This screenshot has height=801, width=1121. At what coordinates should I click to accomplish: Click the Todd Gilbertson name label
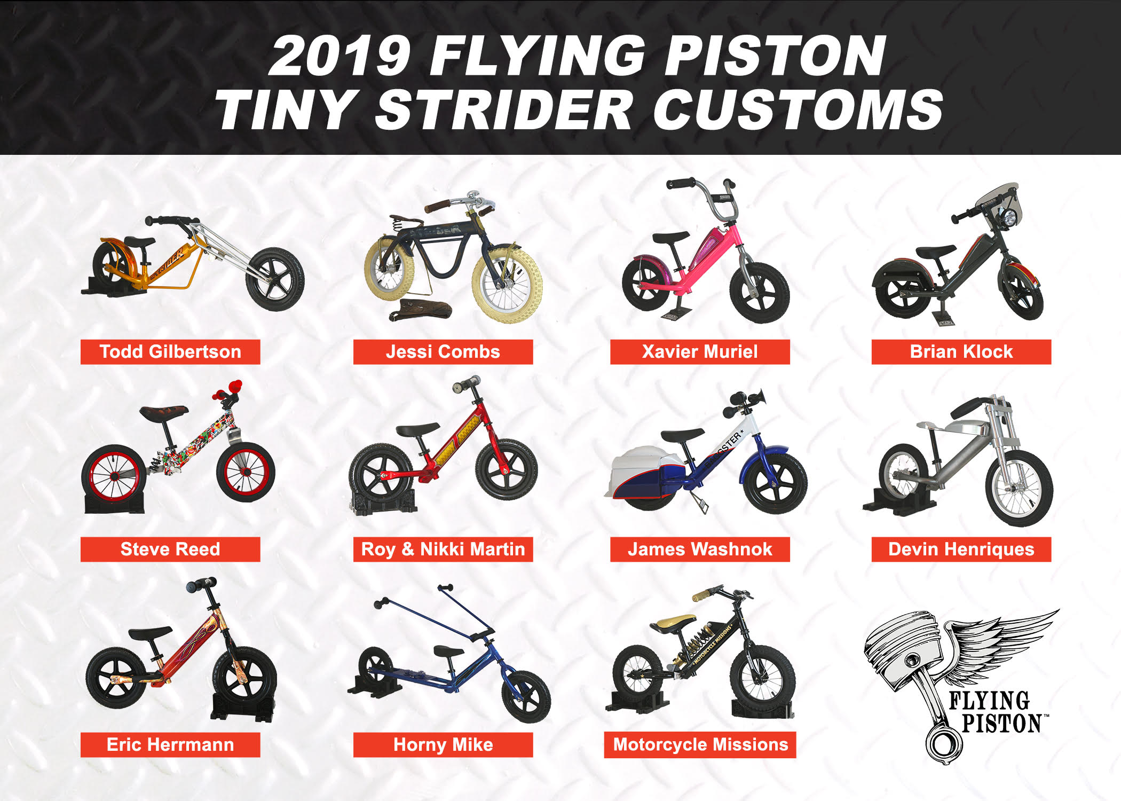170,352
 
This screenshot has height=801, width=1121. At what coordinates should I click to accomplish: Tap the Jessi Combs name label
443,352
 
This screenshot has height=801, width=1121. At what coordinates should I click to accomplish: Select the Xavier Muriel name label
700,352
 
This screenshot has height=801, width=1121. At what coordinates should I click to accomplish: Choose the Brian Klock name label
961,352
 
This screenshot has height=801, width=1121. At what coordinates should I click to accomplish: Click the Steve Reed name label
170,549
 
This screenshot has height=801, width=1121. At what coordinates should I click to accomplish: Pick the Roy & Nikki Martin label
443,549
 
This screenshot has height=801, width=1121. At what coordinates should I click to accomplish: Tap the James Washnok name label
700,549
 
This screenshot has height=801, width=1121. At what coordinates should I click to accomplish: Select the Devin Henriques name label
961,549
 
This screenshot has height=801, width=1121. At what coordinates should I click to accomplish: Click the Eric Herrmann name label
170,745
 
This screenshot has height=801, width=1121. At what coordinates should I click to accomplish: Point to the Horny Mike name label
443,745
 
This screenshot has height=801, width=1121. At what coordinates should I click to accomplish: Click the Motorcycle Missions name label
700,745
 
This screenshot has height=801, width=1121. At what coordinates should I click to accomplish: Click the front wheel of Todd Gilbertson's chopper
275,279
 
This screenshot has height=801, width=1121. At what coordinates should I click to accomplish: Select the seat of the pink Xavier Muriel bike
670,237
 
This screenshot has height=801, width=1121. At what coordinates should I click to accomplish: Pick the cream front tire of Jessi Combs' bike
507,286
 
